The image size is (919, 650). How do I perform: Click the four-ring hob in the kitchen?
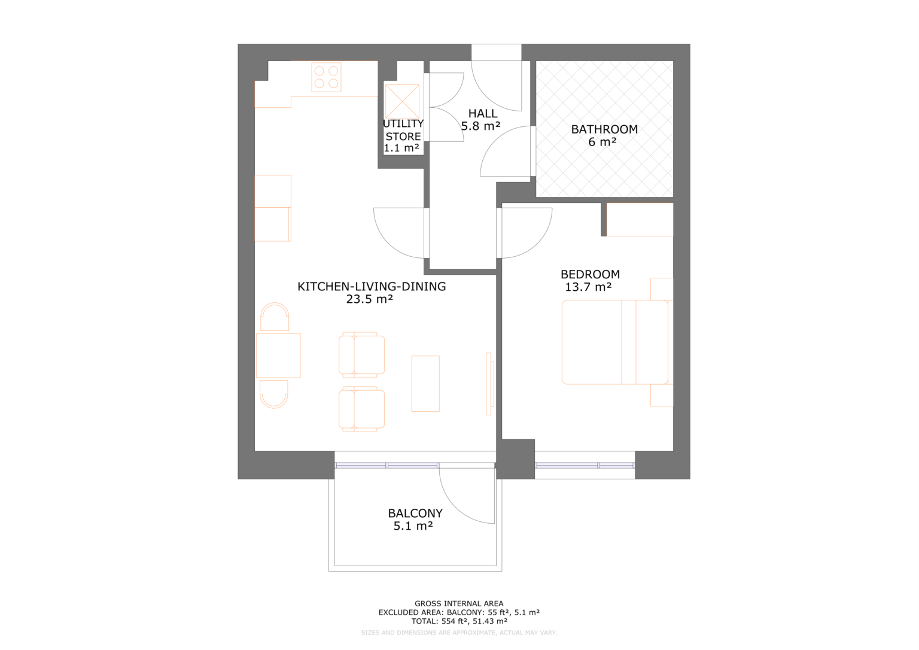click(x=326, y=77)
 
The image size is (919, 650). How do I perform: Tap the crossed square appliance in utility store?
click(x=402, y=101)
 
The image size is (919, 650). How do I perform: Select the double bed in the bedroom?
click(x=615, y=342)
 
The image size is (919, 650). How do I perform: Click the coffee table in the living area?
click(x=425, y=384)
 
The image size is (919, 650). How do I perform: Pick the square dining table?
click(x=278, y=356)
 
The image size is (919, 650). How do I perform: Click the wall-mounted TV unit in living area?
click(x=489, y=384)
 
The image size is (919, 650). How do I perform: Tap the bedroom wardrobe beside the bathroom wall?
click(x=640, y=220)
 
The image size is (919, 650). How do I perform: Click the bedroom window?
click(x=585, y=465)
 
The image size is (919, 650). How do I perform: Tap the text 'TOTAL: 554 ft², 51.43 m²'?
click(x=459, y=621)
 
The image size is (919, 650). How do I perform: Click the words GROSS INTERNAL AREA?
click(x=459, y=604)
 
